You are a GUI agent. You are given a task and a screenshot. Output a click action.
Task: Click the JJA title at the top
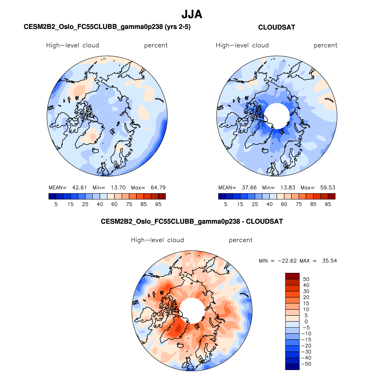[192, 14]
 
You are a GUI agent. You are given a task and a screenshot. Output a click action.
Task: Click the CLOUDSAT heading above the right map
[276, 27]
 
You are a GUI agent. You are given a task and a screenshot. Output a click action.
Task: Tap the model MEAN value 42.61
[79, 188]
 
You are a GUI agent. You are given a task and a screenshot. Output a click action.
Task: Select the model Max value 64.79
[158, 188]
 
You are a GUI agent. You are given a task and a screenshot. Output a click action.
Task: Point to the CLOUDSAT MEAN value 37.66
[249, 188]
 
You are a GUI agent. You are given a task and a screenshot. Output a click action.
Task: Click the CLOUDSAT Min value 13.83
[288, 188]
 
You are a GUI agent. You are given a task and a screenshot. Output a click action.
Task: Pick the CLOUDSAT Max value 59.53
[328, 188]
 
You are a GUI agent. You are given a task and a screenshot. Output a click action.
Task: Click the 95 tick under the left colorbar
[158, 204]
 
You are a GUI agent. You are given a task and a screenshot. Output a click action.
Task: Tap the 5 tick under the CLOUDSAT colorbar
[226, 204]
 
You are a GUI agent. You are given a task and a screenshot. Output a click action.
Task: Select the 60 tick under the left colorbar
[114, 204]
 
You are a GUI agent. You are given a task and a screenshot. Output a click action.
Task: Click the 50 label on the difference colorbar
[306, 279]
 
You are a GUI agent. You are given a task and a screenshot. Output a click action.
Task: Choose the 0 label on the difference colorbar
[306, 322]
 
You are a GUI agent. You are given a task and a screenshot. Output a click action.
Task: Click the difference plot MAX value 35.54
[329, 261]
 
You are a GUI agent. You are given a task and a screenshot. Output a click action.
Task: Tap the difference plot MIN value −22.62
[287, 261]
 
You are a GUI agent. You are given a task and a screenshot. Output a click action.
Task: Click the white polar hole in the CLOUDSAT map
[277, 116]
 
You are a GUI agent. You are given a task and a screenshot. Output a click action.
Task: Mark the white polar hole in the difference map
[192, 311]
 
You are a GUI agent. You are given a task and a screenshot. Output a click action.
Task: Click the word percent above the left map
[156, 45]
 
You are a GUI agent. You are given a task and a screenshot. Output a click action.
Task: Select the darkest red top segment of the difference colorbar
[292, 276]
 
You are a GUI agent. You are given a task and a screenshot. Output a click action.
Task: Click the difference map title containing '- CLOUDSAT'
[192, 222]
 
